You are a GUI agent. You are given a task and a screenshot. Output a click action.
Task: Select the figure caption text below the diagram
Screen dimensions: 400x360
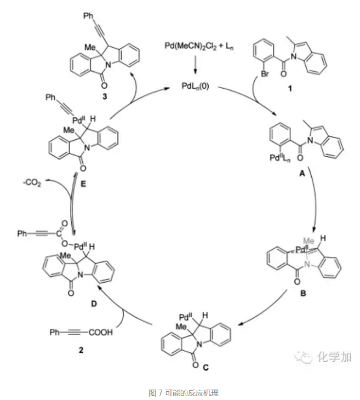pos(179,392)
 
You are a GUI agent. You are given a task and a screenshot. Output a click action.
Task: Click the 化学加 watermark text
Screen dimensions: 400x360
pos(332,357)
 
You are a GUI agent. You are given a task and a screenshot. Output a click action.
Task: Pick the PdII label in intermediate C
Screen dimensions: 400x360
pos(186,317)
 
